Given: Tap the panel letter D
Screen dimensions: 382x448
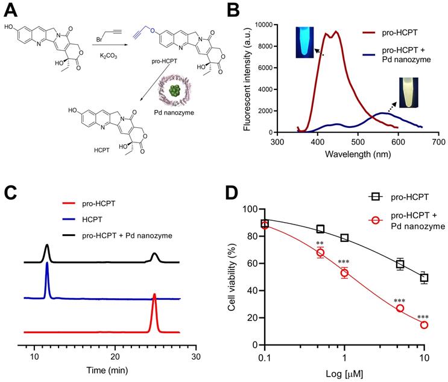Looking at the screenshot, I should click(235, 195).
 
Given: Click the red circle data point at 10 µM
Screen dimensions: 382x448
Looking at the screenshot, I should click(424, 325).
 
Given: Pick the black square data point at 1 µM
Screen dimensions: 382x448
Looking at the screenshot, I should click(344, 238).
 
